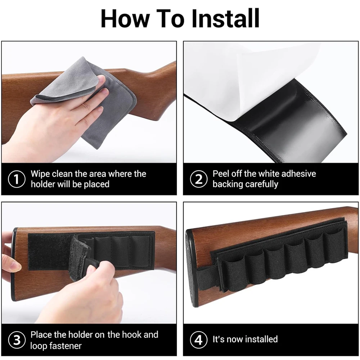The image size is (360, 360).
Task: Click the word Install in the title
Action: (x=225, y=18)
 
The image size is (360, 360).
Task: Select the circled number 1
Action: (x=17, y=179)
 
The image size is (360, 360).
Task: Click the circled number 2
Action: (x=199, y=179)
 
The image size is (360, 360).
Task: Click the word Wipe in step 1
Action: (x=40, y=174)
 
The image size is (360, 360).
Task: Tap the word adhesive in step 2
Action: (x=298, y=174)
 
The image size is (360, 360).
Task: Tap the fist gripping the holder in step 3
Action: (x=92, y=296)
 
